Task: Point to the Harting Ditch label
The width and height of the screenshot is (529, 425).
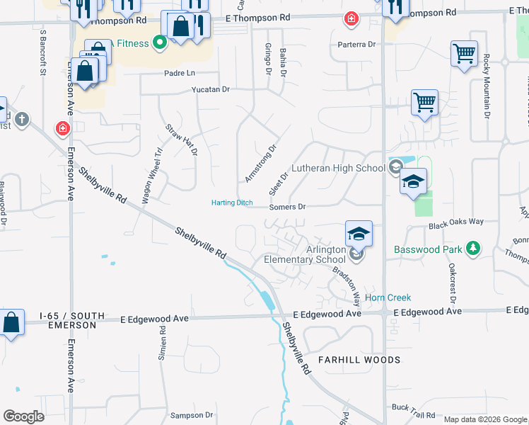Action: click(x=232, y=203)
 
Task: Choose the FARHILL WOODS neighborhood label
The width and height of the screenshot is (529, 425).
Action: click(x=359, y=360)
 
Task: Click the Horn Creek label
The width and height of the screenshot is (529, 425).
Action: click(x=388, y=297)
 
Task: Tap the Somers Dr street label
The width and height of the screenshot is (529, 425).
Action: click(x=287, y=207)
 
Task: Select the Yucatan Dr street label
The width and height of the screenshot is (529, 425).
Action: click(x=211, y=90)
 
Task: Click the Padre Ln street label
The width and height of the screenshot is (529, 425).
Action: click(x=179, y=73)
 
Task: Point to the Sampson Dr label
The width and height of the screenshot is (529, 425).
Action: click(x=191, y=415)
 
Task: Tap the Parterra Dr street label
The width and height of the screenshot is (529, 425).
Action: click(x=356, y=44)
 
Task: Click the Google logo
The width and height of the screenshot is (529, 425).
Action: click(x=23, y=416)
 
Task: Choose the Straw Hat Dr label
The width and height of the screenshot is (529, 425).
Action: click(x=182, y=140)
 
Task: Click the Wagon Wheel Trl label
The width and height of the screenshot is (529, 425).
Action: click(x=152, y=176)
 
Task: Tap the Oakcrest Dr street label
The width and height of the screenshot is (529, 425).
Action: click(x=451, y=280)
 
